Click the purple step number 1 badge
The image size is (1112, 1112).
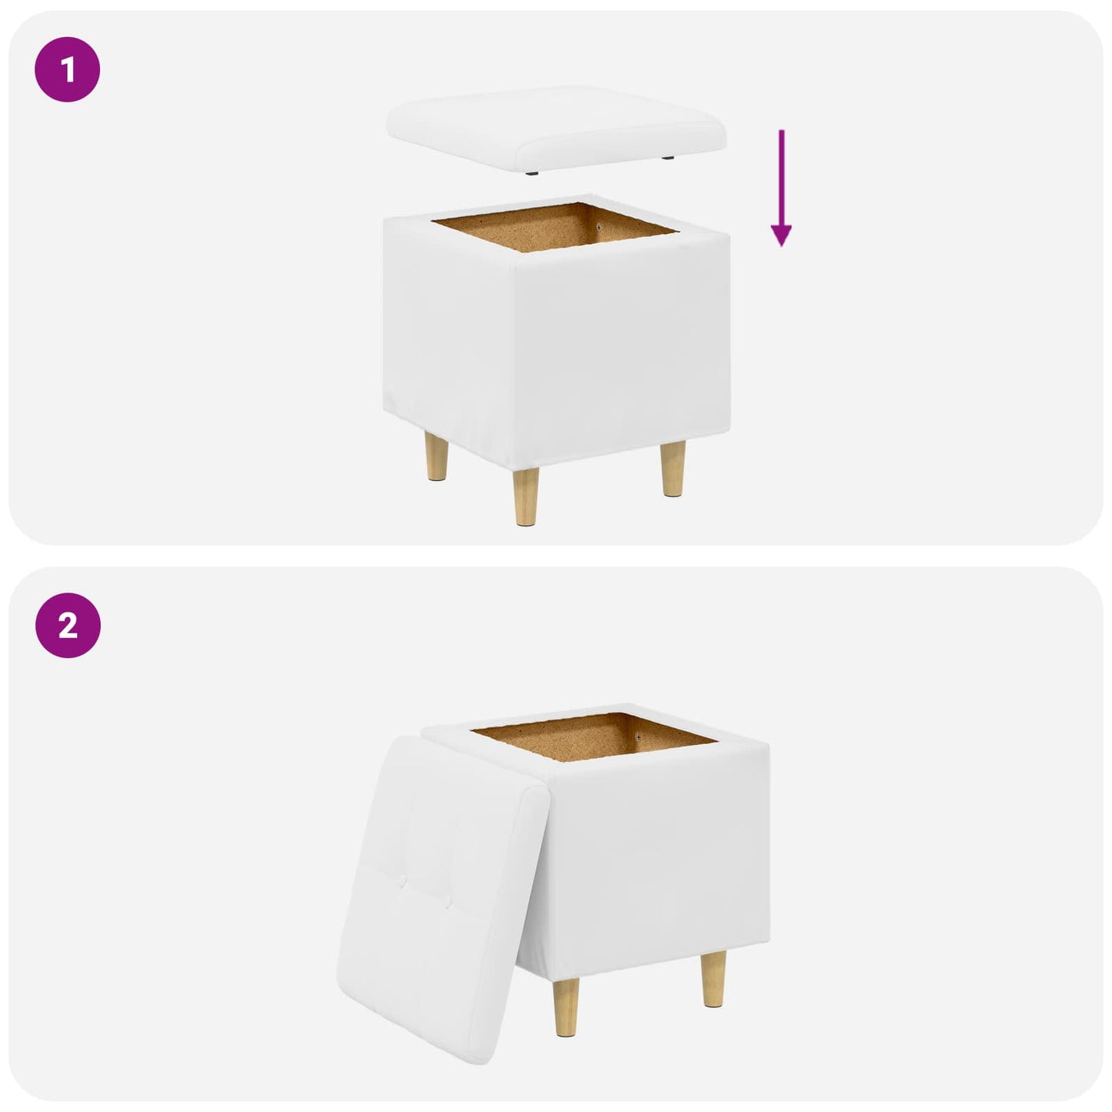(68, 69)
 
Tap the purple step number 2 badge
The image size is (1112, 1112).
(68, 625)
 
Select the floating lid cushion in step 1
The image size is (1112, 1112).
(556, 128)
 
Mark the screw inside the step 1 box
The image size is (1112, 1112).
(601, 227)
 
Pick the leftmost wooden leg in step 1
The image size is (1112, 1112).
(436, 456)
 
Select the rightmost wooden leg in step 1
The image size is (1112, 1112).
(673, 469)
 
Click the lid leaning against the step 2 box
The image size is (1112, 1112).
(442, 890)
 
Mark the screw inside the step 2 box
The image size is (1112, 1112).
(640, 737)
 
